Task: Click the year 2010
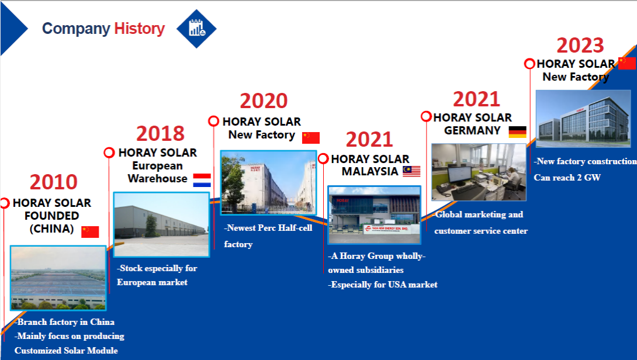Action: click(x=54, y=182)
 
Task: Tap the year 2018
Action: click(x=160, y=134)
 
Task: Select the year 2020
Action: click(x=264, y=101)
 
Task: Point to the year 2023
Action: click(x=580, y=46)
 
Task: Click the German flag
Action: click(x=518, y=132)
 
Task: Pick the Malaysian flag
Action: click(x=411, y=171)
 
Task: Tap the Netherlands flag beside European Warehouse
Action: click(x=202, y=181)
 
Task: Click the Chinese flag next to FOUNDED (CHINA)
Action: click(x=90, y=231)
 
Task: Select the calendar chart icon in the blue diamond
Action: click(x=196, y=29)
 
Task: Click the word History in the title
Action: click(x=139, y=29)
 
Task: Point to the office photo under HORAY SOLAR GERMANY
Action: click(x=479, y=172)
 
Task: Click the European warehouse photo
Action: click(x=161, y=224)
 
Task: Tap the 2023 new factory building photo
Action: click(x=583, y=119)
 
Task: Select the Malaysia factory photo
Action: click(x=374, y=215)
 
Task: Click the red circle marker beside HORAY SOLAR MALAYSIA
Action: click(x=323, y=158)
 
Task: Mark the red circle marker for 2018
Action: click(x=109, y=153)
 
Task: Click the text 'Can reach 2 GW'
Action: click(x=567, y=178)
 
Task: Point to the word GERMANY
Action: click(x=472, y=130)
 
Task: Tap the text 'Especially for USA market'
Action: click(x=383, y=285)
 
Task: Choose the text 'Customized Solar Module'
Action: click(x=66, y=350)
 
